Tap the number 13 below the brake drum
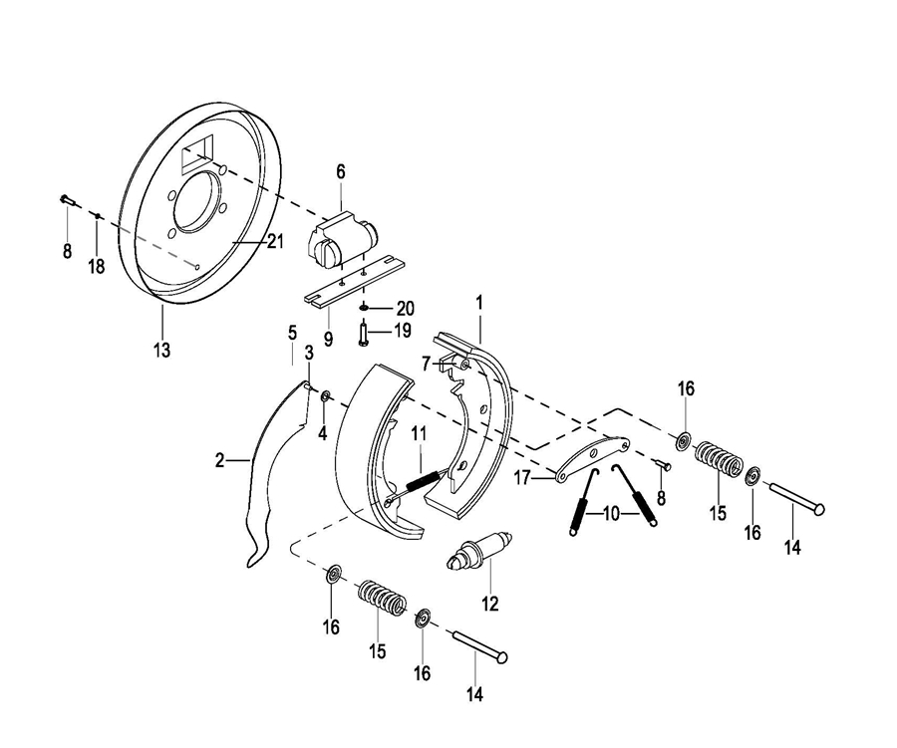pos(161,350)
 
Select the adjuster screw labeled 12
pos(479,553)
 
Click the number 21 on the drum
pos(275,242)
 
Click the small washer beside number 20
pos(365,308)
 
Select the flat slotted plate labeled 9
pos(354,279)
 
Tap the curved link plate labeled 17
pos(592,457)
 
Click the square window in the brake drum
pos(197,153)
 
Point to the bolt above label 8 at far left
pos(67,200)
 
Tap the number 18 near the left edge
pos(97,266)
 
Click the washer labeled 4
pos(326,396)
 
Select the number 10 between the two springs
pos(611,514)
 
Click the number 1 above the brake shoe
pos(479,303)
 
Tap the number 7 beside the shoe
pos(425,364)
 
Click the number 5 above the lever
pos(292,333)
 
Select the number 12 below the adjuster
pos(490,604)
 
